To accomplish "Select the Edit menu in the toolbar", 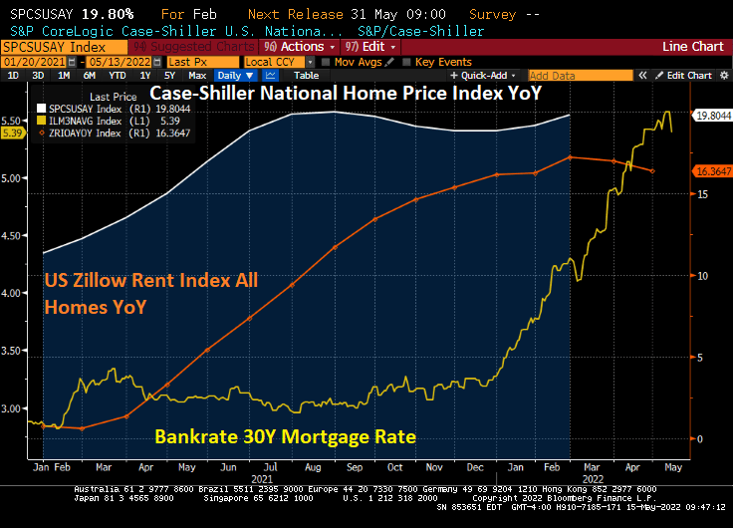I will [369, 47].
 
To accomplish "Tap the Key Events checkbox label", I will [443, 62].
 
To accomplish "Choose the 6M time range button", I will [90, 76].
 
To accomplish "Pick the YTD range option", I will [117, 76].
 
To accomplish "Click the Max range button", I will [197, 76].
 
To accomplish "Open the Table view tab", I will [306, 76].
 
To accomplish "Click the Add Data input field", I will [565, 76].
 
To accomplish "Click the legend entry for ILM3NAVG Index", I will [85, 120].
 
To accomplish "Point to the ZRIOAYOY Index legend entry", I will [85, 131].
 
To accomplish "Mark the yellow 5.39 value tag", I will [13, 132].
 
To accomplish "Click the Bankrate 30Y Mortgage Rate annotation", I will [285, 436].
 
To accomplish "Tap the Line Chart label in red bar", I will [693, 47].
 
